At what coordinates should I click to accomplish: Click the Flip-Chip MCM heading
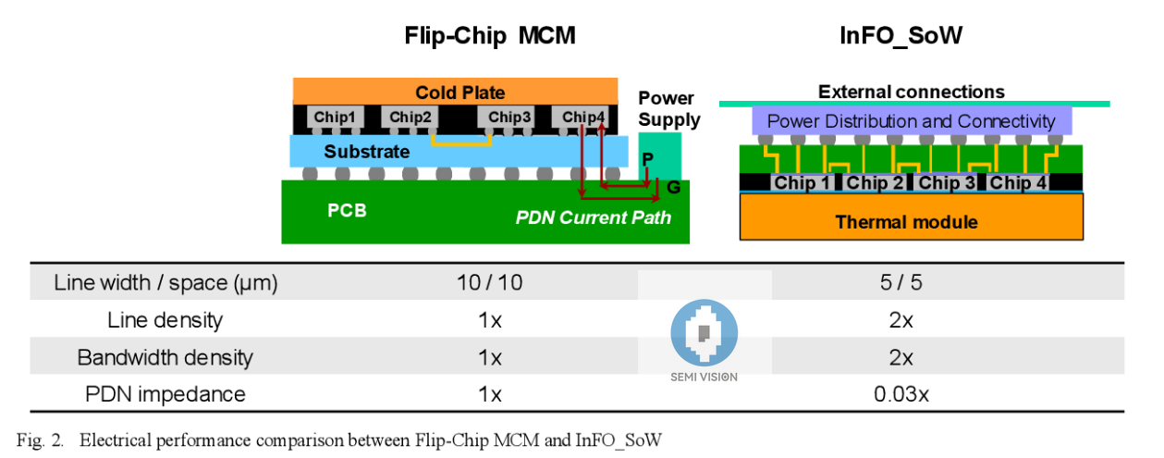click(489, 36)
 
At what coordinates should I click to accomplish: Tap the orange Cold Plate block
click(455, 92)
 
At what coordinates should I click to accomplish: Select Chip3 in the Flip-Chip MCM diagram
click(509, 118)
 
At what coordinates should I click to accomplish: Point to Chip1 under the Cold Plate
click(334, 118)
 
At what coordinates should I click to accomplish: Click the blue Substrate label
click(366, 152)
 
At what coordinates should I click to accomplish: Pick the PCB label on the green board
click(347, 210)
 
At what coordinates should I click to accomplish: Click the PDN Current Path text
click(593, 217)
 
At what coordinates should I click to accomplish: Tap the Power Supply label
click(668, 109)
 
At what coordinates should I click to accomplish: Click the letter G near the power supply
click(673, 188)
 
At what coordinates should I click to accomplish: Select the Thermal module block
click(911, 221)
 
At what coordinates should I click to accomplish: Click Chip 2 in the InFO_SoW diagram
click(876, 182)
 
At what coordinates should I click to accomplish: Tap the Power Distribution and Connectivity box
click(911, 121)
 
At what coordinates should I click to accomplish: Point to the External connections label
click(911, 92)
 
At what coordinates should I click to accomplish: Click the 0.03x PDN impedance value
click(901, 395)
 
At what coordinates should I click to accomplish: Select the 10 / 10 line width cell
click(489, 282)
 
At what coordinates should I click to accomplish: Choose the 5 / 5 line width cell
click(901, 282)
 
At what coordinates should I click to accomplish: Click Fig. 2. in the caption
click(40, 439)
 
